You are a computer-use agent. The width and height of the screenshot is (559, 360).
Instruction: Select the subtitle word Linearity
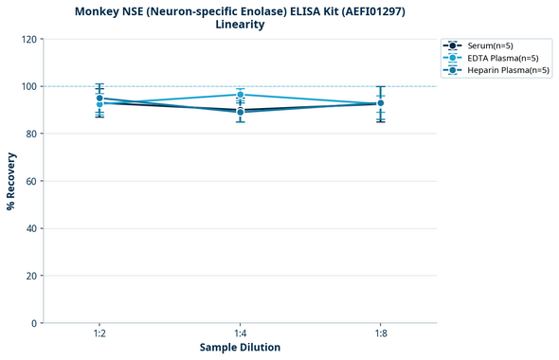[x=240, y=25]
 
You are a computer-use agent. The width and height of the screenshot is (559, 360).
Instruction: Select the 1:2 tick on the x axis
[x=99, y=333]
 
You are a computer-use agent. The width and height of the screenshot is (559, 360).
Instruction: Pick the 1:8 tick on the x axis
[x=380, y=333]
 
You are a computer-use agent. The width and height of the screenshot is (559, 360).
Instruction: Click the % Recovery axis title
[x=11, y=180]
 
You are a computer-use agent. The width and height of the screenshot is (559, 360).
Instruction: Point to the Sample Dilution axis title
[x=240, y=348]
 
